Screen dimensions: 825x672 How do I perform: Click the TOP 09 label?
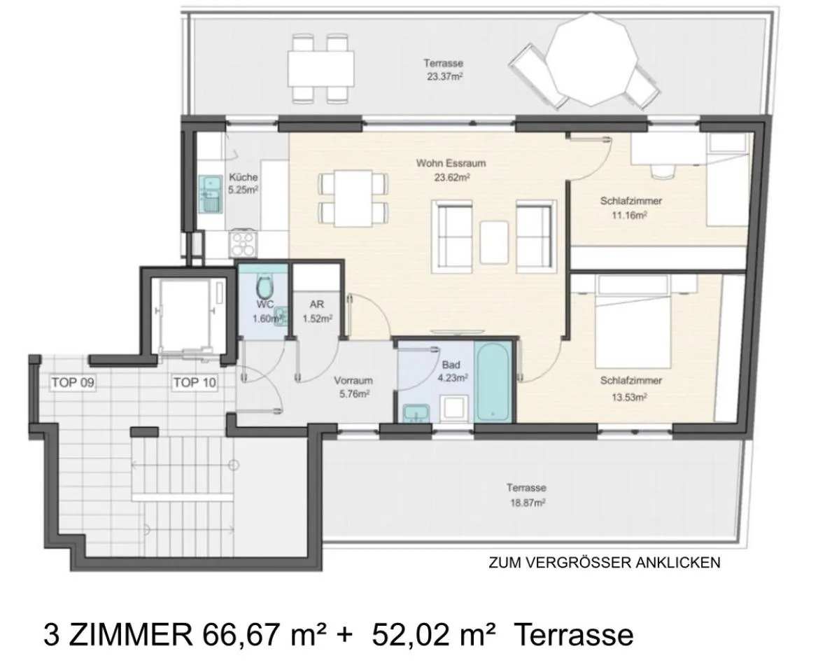73,383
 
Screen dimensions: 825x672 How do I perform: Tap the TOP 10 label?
195,383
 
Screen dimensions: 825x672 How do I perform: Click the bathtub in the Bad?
493,381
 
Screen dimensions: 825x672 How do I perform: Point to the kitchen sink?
211,194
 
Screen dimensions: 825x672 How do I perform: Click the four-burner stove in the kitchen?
244,243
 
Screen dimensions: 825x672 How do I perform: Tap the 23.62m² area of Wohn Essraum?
452,177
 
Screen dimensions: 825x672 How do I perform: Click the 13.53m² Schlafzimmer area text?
629,397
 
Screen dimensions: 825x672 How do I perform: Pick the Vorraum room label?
353,380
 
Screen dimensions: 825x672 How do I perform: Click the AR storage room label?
317,304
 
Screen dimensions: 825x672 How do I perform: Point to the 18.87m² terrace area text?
528,503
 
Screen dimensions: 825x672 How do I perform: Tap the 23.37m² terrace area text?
444,76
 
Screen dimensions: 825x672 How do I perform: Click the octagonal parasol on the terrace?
592,58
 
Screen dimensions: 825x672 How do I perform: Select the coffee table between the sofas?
494,243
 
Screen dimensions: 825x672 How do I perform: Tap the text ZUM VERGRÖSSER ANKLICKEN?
605,563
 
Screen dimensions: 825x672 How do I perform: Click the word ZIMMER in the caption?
131,635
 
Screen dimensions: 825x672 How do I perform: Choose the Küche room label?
243,177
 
